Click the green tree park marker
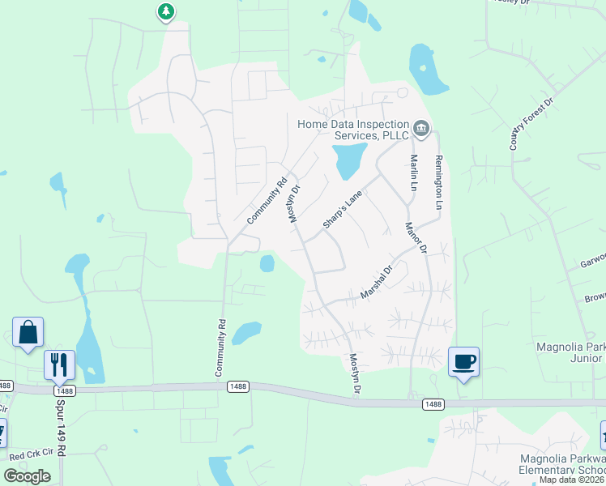tap(166, 11)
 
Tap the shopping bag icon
tap(28, 333)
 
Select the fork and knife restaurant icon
tap(59, 365)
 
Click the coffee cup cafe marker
tap(463, 361)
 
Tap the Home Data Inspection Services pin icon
tap(421, 129)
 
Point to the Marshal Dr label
tap(376, 280)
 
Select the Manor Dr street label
tap(416, 238)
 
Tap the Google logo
tap(27, 475)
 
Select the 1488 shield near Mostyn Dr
tap(433, 403)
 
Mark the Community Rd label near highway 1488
tap(220, 347)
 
